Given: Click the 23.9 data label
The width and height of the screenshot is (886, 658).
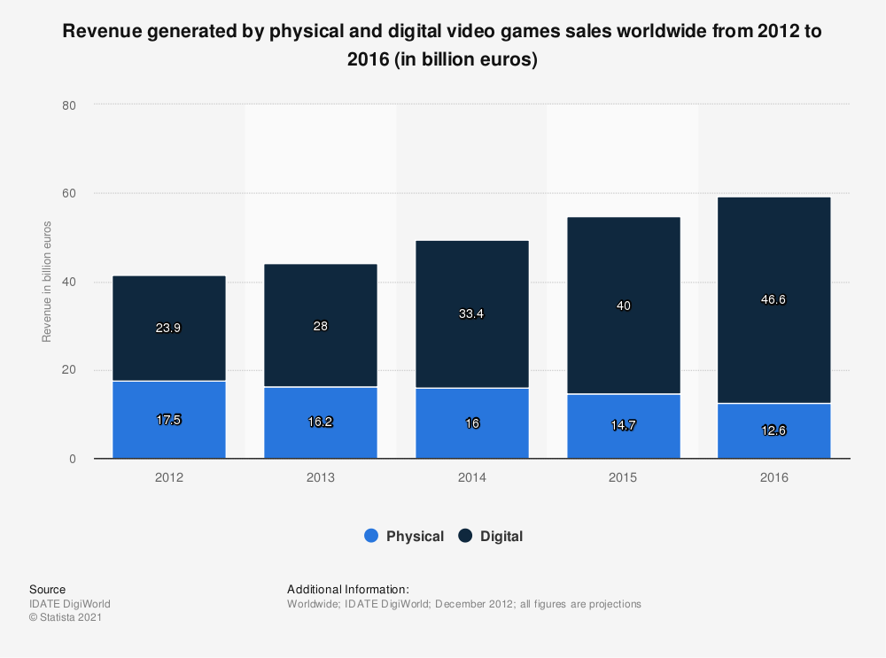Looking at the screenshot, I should [x=169, y=328].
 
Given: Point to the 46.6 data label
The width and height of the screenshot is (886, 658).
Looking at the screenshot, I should [x=773, y=299].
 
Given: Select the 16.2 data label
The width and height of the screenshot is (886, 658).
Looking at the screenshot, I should [x=321, y=422].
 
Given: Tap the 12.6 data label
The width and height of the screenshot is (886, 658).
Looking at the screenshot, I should [x=773, y=430].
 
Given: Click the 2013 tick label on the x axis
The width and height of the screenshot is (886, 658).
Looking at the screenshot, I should [x=321, y=478].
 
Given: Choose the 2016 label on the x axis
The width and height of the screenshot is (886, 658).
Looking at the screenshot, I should [x=773, y=478].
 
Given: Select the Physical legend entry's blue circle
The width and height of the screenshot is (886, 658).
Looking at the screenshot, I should [x=371, y=536].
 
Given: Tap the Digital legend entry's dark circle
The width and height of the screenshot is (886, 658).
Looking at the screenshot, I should [x=465, y=536].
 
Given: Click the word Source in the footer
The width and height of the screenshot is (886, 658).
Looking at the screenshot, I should [x=47, y=589].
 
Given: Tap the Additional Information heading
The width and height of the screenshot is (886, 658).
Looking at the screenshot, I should [x=347, y=589].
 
